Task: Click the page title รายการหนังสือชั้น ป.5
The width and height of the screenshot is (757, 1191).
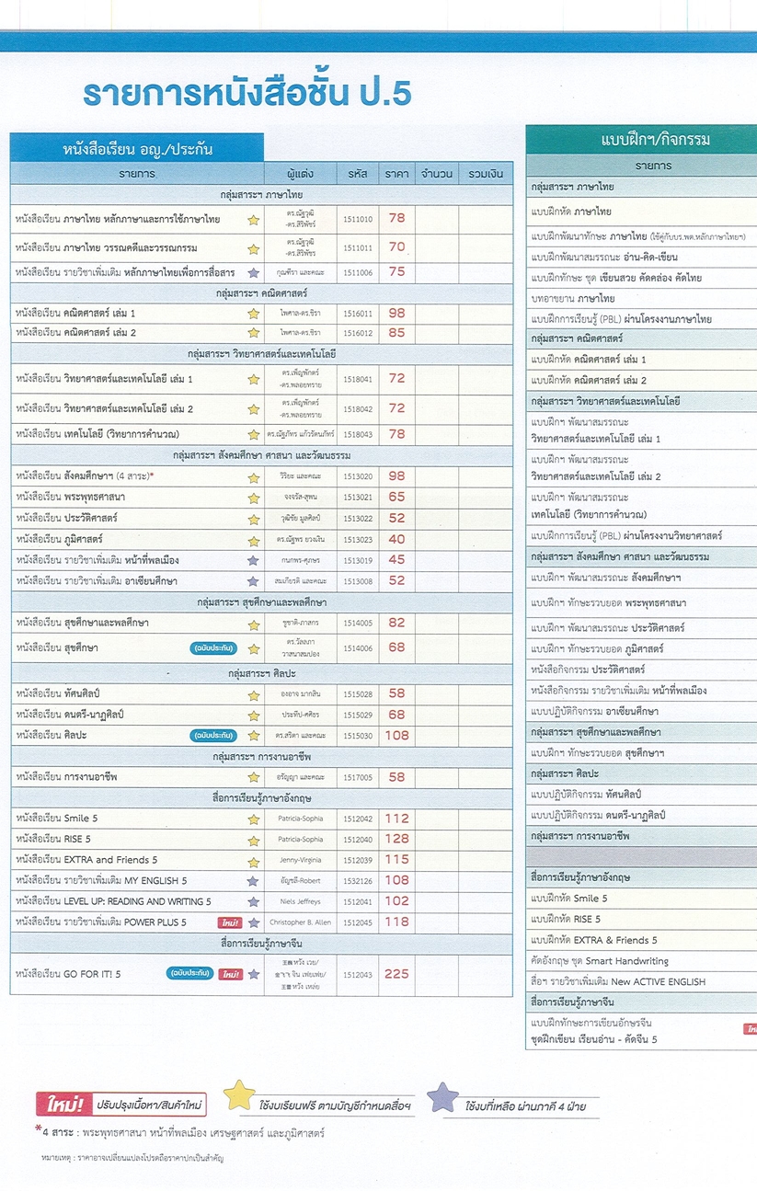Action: point(247,95)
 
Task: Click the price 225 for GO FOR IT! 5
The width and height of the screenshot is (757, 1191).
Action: point(396,974)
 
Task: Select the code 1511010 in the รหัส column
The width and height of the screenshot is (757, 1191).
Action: point(358,219)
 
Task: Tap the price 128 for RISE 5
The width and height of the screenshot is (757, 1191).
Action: point(396,839)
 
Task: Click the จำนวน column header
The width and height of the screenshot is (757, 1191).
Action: point(436,173)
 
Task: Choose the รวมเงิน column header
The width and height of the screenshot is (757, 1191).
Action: point(485,173)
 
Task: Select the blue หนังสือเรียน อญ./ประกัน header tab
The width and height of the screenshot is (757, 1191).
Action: point(137,147)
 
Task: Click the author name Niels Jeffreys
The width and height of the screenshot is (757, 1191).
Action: point(301,901)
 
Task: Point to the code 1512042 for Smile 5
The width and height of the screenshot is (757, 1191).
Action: point(358,819)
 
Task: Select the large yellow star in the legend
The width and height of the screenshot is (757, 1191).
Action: point(239,1096)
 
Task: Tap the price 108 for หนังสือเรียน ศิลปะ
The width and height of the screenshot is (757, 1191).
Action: point(396,735)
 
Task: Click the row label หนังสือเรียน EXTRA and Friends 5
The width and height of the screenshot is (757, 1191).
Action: point(86,860)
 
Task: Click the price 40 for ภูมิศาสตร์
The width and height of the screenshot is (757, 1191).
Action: point(396,539)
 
